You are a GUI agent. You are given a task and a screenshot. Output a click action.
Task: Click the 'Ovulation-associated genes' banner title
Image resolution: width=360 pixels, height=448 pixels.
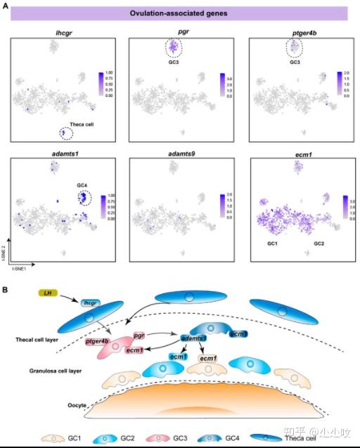pos(179,13)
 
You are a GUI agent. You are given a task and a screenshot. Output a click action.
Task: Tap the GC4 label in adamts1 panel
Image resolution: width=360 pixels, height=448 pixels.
pos(83,184)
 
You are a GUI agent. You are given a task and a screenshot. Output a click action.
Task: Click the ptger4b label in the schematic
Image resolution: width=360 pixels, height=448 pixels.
pos(98,341)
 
